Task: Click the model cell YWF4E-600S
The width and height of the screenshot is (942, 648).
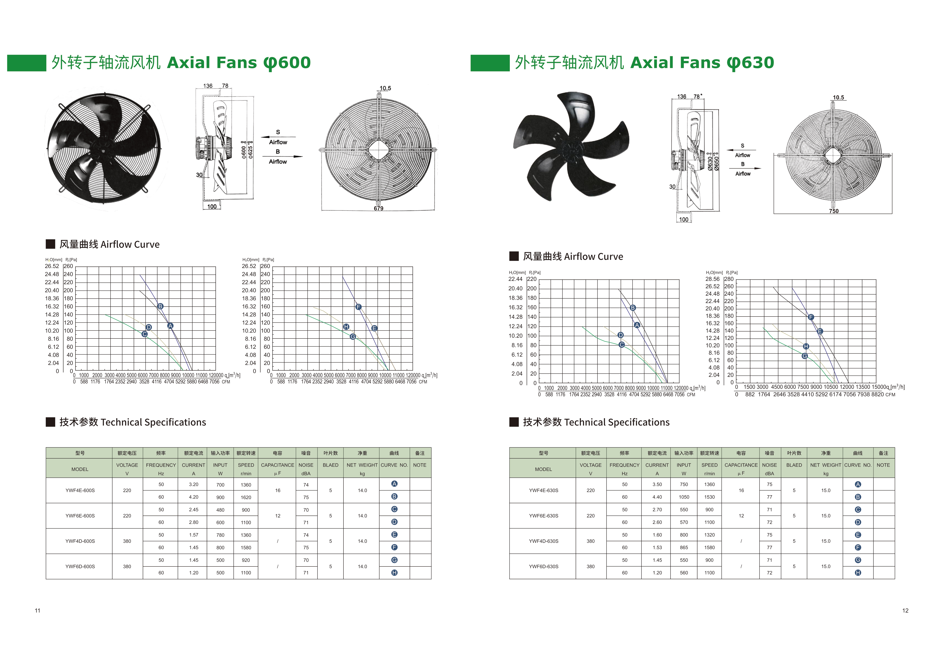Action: [80, 490]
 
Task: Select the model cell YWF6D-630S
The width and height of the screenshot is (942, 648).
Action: [544, 566]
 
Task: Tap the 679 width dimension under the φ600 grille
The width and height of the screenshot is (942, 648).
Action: [378, 208]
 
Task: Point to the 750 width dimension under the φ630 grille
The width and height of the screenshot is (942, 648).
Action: [834, 211]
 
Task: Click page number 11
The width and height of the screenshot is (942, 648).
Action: [37, 611]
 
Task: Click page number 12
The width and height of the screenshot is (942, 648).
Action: [905, 611]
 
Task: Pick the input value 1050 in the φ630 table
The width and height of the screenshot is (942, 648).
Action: [684, 497]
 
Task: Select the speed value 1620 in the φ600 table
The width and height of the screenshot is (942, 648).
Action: [246, 497]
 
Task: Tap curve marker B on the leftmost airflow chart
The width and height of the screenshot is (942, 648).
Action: [160, 306]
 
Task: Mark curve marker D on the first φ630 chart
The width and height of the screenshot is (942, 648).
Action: [620, 335]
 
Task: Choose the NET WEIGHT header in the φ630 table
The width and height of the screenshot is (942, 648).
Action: [826, 465]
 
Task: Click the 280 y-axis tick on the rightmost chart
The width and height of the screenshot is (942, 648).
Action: [729, 279]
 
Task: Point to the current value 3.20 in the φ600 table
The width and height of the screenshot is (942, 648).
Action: [194, 484]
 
